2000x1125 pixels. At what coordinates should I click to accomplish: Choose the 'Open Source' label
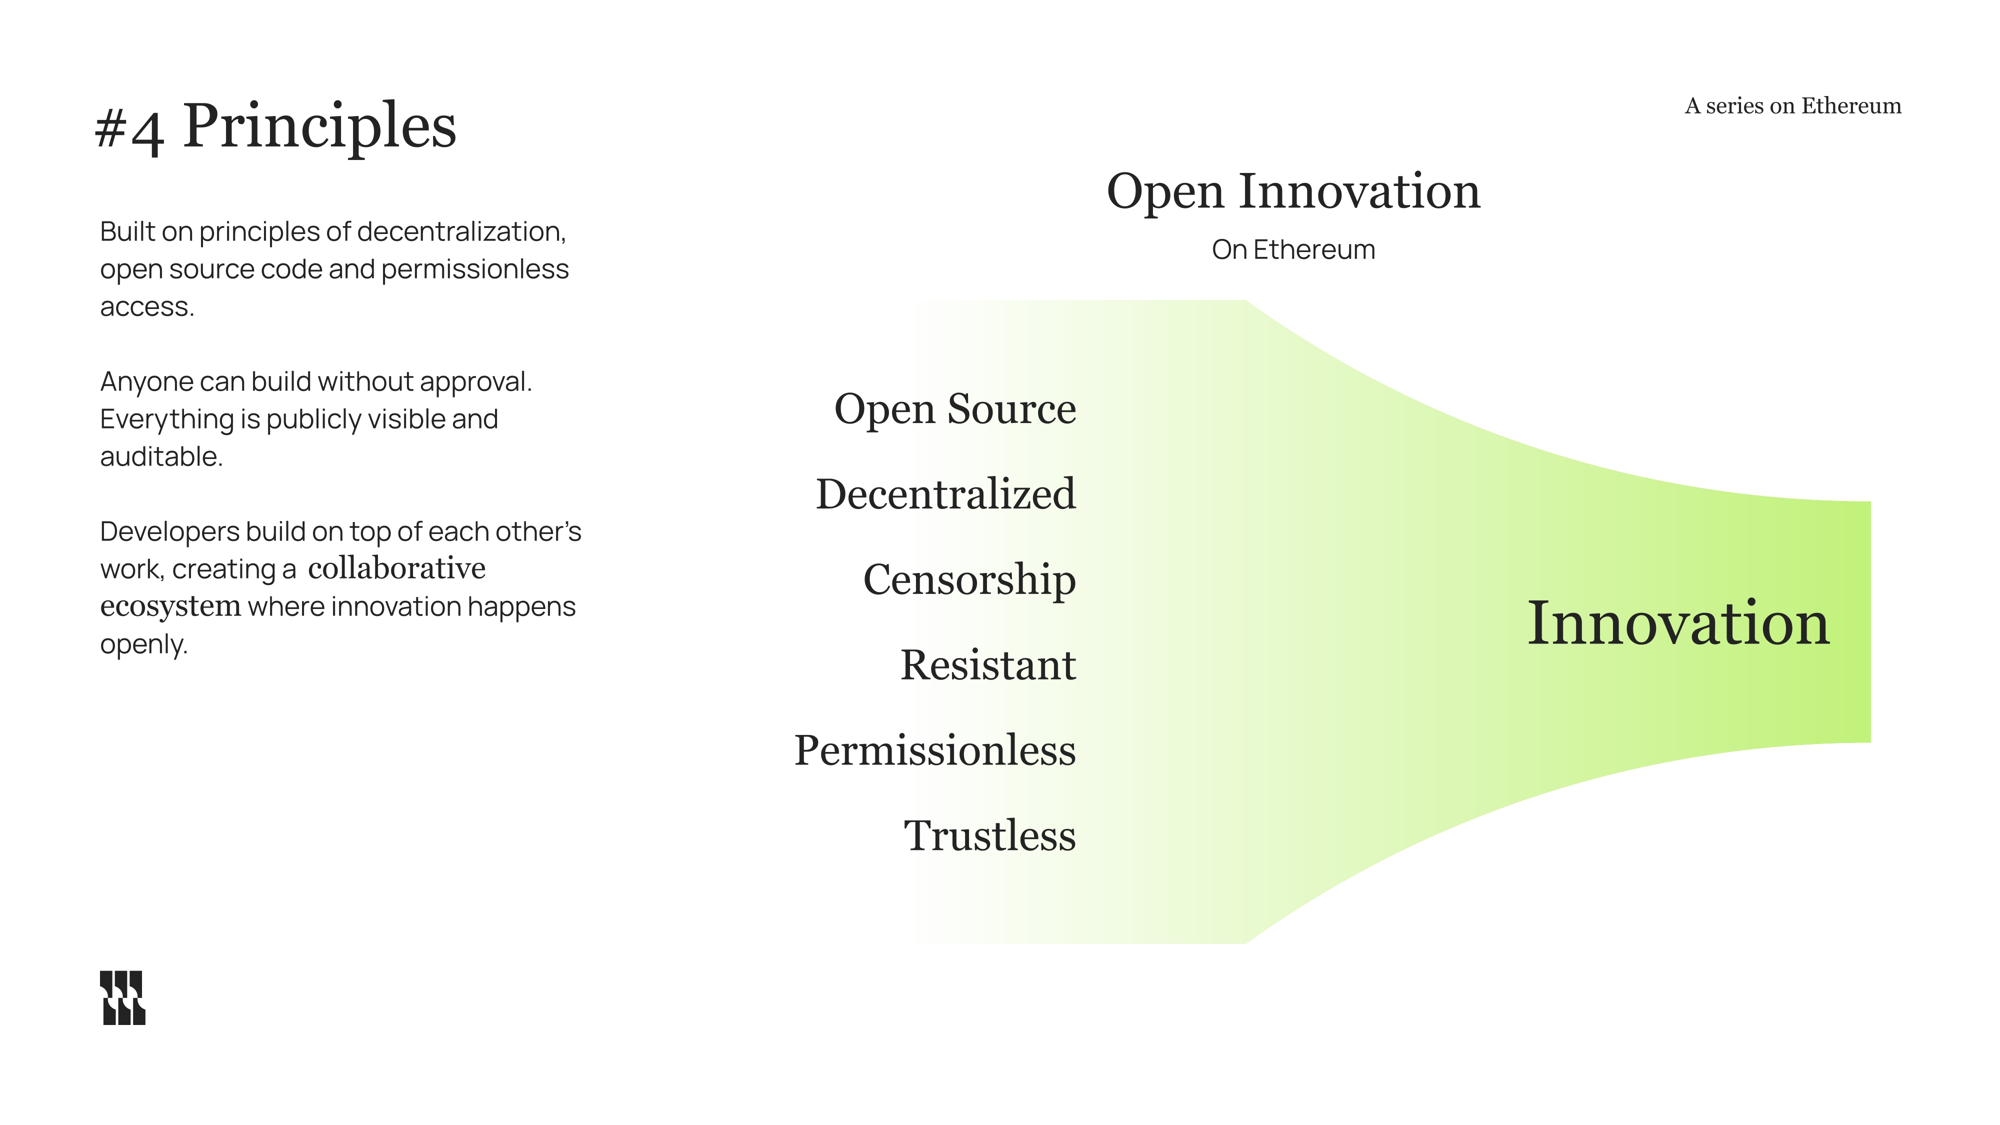(955, 409)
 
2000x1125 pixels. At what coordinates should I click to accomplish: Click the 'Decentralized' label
(945, 494)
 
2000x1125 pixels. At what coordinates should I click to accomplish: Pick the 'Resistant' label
(987, 665)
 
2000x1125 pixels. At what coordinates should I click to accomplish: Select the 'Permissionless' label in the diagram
(935, 751)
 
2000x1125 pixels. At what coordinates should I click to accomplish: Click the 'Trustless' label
(990, 836)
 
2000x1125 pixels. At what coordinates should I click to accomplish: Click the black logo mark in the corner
(122, 997)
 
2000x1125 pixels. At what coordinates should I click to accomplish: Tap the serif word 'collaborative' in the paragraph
(396, 569)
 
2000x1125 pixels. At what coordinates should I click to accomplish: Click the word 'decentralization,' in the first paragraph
(461, 231)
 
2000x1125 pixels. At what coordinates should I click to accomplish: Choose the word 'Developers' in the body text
(169, 532)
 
